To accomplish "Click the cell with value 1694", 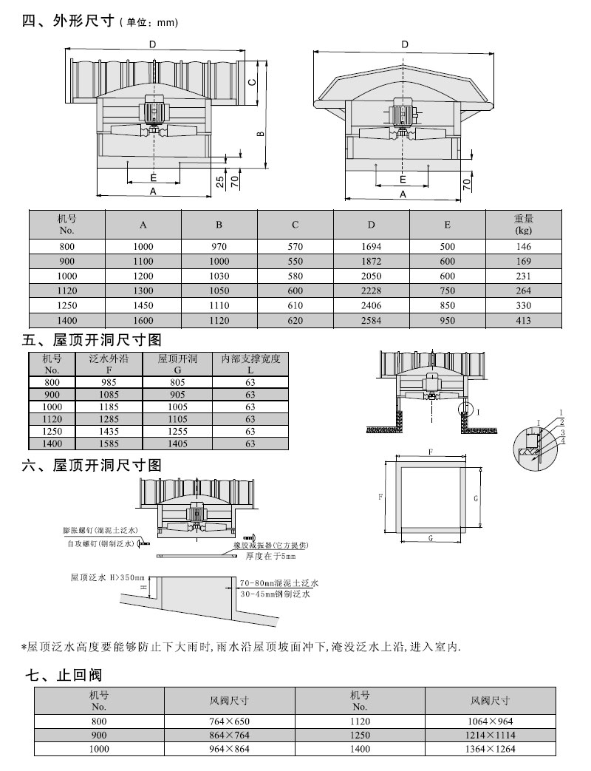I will [x=372, y=248].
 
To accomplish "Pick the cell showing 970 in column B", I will [x=219, y=248].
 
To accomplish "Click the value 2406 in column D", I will [x=372, y=305].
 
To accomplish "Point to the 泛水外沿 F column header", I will [x=109, y=364].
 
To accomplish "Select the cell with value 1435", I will [x=109, y=431].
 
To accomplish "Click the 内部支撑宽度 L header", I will [x=250, y=364].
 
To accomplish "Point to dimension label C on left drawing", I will [x=251, y=82].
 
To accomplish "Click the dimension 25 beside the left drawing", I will [x=220, y=180].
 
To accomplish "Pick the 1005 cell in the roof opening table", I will [x=178, y=407].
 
